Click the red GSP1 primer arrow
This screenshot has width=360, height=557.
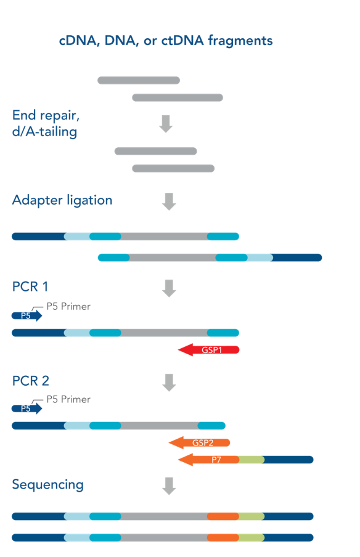(208, 350)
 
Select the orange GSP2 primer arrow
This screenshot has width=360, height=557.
(199, 442)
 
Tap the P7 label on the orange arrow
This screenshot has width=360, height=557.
(216, 460)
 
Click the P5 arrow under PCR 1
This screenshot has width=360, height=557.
(27, 315)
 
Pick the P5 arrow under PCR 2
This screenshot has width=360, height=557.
(27, 409)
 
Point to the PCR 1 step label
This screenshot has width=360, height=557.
(30, 287)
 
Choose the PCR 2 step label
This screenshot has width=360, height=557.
(31, 381)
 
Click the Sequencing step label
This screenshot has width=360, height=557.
(48, 485)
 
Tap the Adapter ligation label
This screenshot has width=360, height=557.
(62, 200)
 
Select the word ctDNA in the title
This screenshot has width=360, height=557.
(182, 41)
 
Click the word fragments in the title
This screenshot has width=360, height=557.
(240, 41)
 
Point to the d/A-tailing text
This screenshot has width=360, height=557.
(44, 131)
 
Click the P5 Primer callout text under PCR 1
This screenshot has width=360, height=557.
(68, 306)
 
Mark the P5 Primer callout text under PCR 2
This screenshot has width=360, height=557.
(68, 399)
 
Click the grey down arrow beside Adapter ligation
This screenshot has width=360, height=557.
(169, 201)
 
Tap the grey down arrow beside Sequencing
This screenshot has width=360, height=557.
(169, 486)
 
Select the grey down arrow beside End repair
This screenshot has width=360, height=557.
(166, 124)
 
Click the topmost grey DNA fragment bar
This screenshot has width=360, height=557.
(139, 80)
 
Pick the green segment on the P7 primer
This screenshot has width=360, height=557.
(252, 460)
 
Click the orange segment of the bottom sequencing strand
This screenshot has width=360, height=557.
(223, 537)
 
